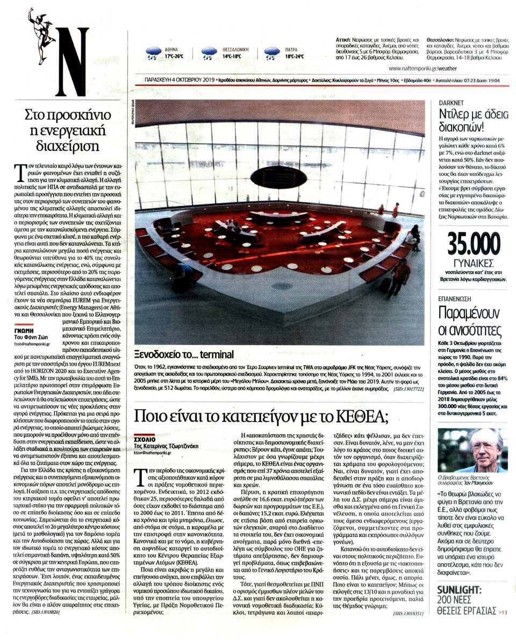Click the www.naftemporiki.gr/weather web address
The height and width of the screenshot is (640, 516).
[422, 68]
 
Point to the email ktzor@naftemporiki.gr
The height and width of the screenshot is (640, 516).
[156, 453]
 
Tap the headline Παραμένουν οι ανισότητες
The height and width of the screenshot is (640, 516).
[474, 321]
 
